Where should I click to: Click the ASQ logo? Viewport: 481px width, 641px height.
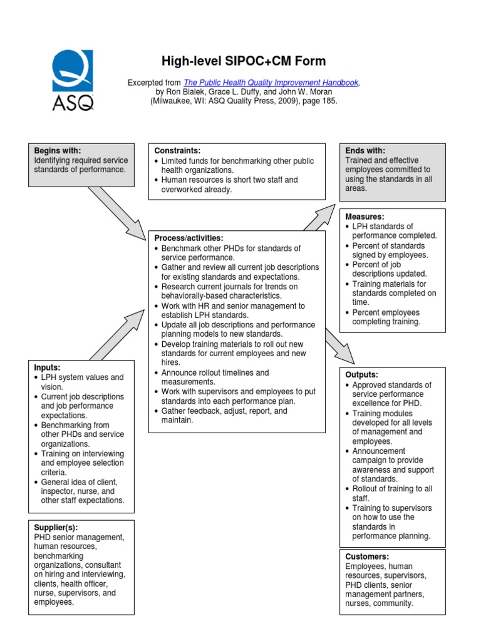(x=74, y=79)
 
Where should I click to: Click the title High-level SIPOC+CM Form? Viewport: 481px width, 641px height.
(x=244, y=61)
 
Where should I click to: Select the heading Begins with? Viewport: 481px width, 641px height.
(x=58, y=151)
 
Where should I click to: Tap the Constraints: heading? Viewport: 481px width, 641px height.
(x=177, y=151)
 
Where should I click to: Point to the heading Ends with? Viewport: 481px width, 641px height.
(x=365, y=151)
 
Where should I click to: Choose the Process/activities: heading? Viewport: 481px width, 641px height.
(x=188, y=238)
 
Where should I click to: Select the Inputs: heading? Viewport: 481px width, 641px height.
(x=47, y=367)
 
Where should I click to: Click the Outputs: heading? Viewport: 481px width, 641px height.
(x=363, y=374)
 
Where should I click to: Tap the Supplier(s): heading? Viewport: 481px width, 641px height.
(x=56, y=528)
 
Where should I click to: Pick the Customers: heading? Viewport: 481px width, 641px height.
(x=367, y=556)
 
